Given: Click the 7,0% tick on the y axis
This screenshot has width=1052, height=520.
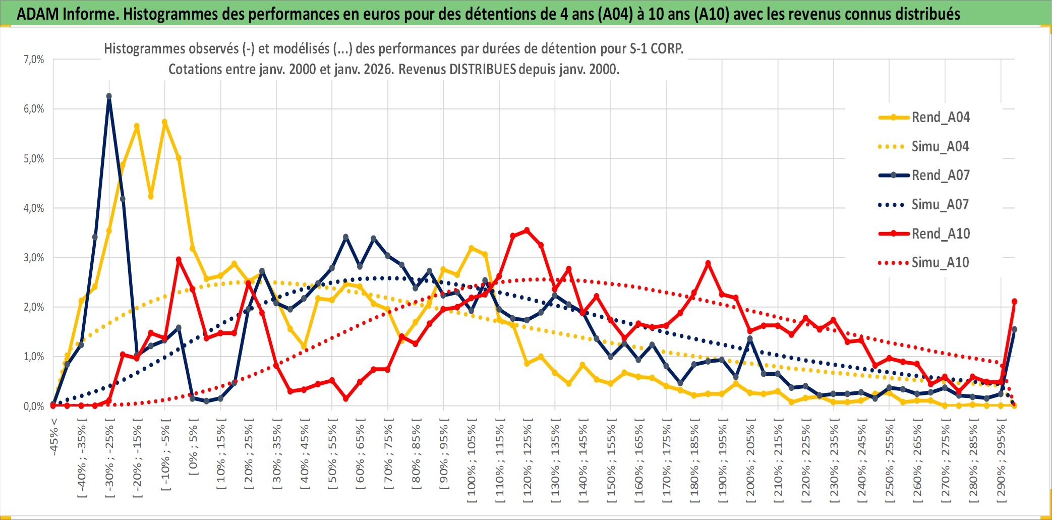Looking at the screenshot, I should pyautogui.click(x=34, y=60).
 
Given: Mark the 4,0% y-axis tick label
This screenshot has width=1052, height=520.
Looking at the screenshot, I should pyautogui.click(x=34, y=208).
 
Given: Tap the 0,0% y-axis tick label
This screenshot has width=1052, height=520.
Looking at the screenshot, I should pyautogui.click(x=34, y=406).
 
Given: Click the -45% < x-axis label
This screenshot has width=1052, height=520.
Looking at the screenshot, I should pyautogui.click(x=54, y=437).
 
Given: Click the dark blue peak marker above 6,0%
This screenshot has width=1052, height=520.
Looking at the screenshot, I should pyautogui.click(x=109, y=96).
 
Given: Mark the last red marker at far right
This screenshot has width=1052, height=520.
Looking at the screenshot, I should pyautogui.click(x=1014, y=302).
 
